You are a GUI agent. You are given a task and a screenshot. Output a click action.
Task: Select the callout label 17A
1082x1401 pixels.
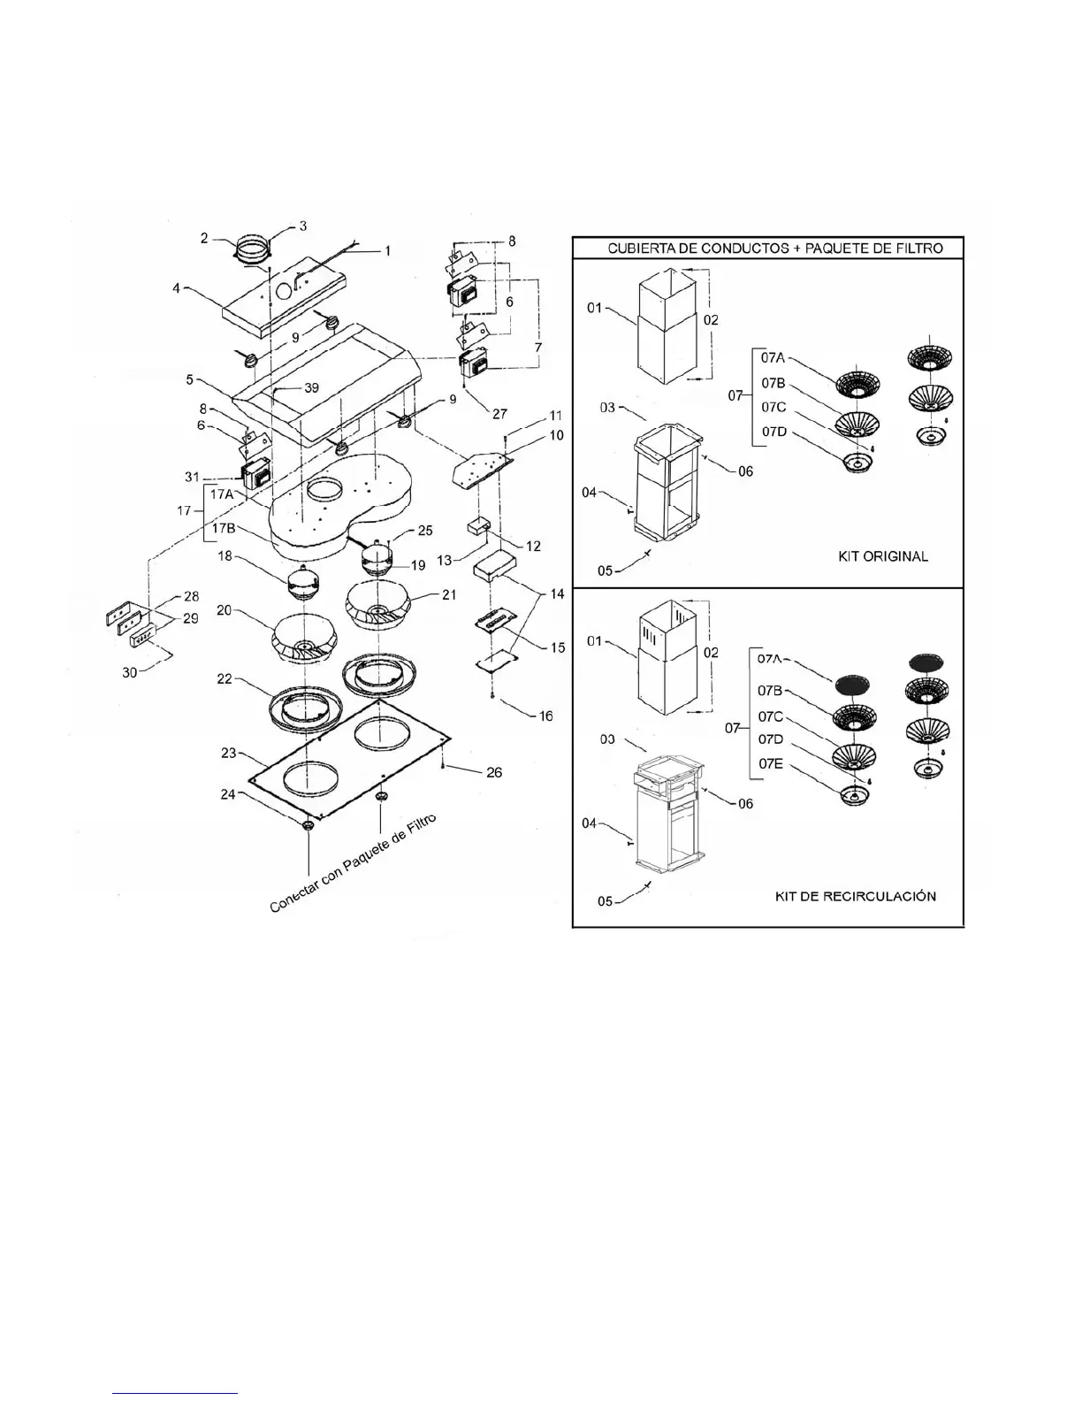click(222, 494)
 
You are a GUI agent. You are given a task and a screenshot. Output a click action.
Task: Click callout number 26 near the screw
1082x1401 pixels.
click(493, 772)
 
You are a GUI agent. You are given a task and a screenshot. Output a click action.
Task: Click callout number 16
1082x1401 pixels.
click(545, 716)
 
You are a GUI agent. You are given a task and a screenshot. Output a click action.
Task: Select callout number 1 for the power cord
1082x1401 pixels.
click(386, 250)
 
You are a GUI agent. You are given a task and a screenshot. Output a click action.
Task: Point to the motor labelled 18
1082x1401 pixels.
click(304, 582)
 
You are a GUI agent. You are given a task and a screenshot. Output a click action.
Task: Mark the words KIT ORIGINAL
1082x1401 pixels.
click(882, 556)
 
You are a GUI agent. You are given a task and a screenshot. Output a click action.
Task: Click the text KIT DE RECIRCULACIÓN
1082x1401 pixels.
click(855, 896)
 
